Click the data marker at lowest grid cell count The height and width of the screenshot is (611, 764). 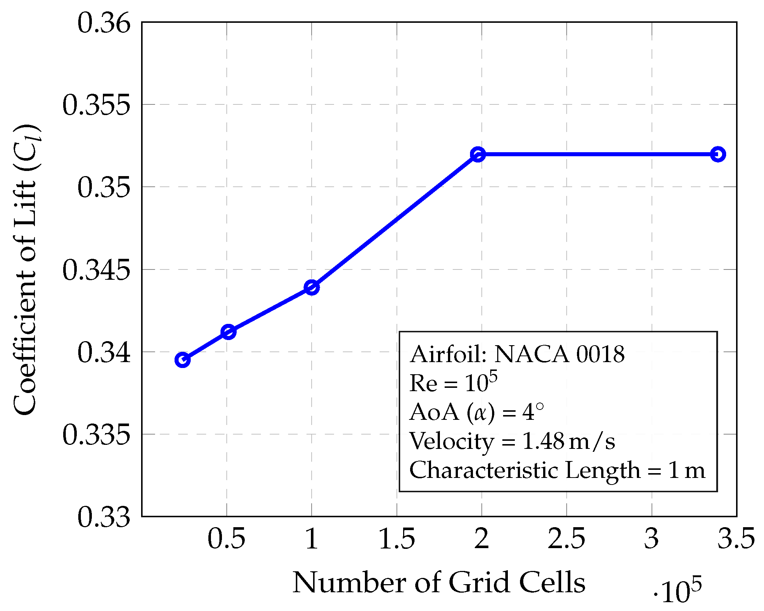[183, 360]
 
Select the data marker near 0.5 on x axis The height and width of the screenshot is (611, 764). [228, 332]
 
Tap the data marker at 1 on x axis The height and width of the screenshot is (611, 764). [312, 287]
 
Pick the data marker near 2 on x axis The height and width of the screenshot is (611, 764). [478, 154]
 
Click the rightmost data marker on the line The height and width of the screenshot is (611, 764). [718, 154]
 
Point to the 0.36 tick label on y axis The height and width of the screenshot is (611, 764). [104, 23]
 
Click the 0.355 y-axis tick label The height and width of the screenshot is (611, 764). [96, 105]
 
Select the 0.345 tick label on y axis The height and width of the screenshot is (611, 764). [96, 270]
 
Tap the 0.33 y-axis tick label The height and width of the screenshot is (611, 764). [104, 517]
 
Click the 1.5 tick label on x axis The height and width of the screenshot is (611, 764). [397, 539]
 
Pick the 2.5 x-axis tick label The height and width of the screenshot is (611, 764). [566, 539]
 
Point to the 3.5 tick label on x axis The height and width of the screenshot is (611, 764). [736, 539]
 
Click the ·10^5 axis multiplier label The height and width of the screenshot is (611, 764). [677, 590]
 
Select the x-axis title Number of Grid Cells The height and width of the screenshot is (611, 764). [438, 583]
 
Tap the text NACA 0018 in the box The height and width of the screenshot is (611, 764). [559, 354]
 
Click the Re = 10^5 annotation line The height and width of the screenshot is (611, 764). [453, 383]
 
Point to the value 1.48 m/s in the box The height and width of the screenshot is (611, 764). [568, 441]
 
